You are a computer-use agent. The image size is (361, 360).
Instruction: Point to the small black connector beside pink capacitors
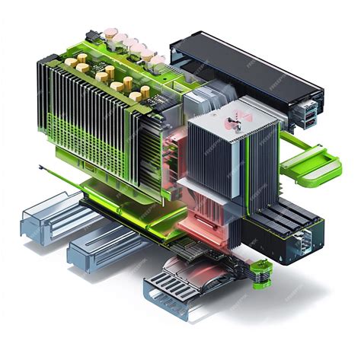(93, 36)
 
